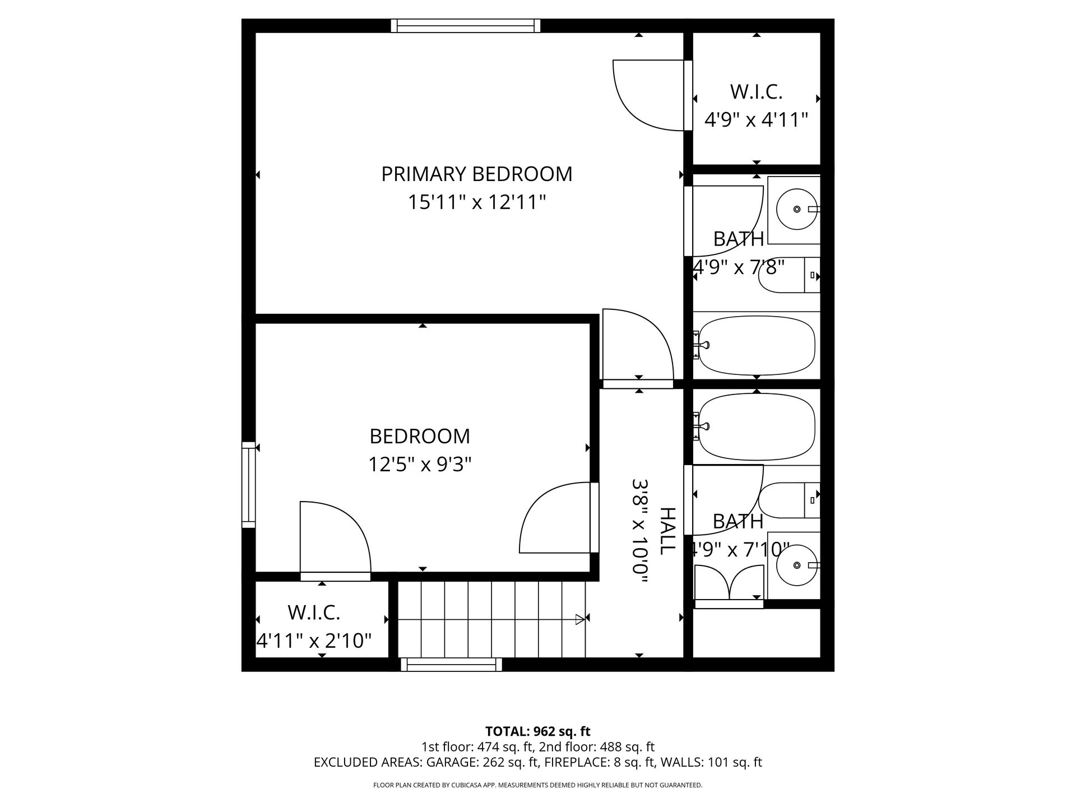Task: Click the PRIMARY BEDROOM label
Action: [477, 174]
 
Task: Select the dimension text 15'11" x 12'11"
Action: [477, 202]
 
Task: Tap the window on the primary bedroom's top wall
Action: [466, 25]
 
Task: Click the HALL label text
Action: [667, 531]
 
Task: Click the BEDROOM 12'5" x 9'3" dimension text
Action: [420, 465]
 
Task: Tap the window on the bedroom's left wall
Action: [248, 485]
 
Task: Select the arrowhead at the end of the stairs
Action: [580, 619]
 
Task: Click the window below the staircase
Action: [451, 665]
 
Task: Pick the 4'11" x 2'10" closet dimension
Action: [314, 640]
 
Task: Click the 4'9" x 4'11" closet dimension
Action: [756, 120]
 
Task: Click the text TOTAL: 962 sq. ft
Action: [538, 731]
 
